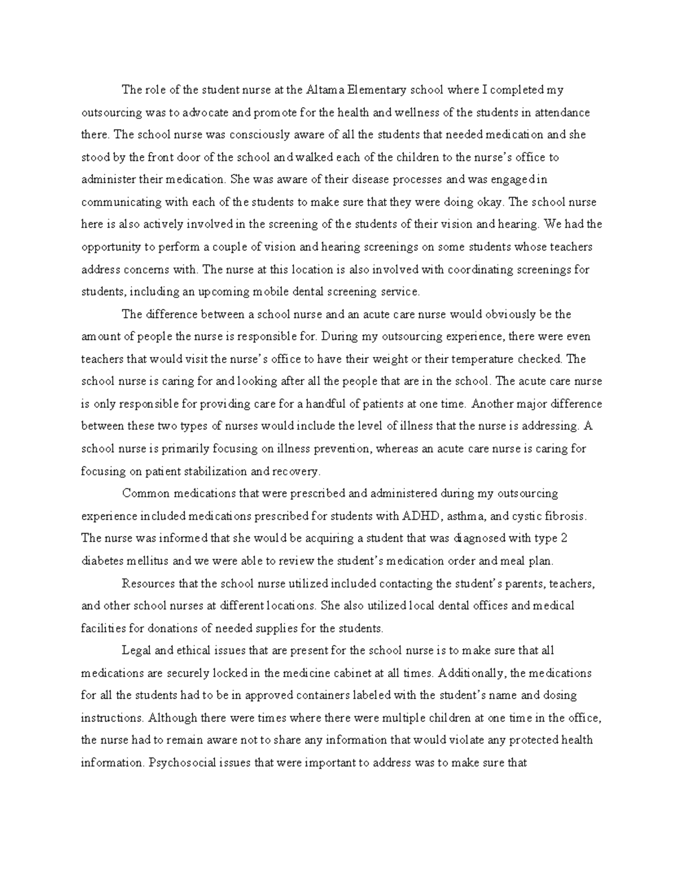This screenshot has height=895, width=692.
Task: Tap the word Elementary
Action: (x=376, y=90)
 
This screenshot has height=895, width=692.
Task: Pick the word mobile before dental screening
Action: (x=268, y=292)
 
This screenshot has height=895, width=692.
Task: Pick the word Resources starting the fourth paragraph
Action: (x=148, y=583)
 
